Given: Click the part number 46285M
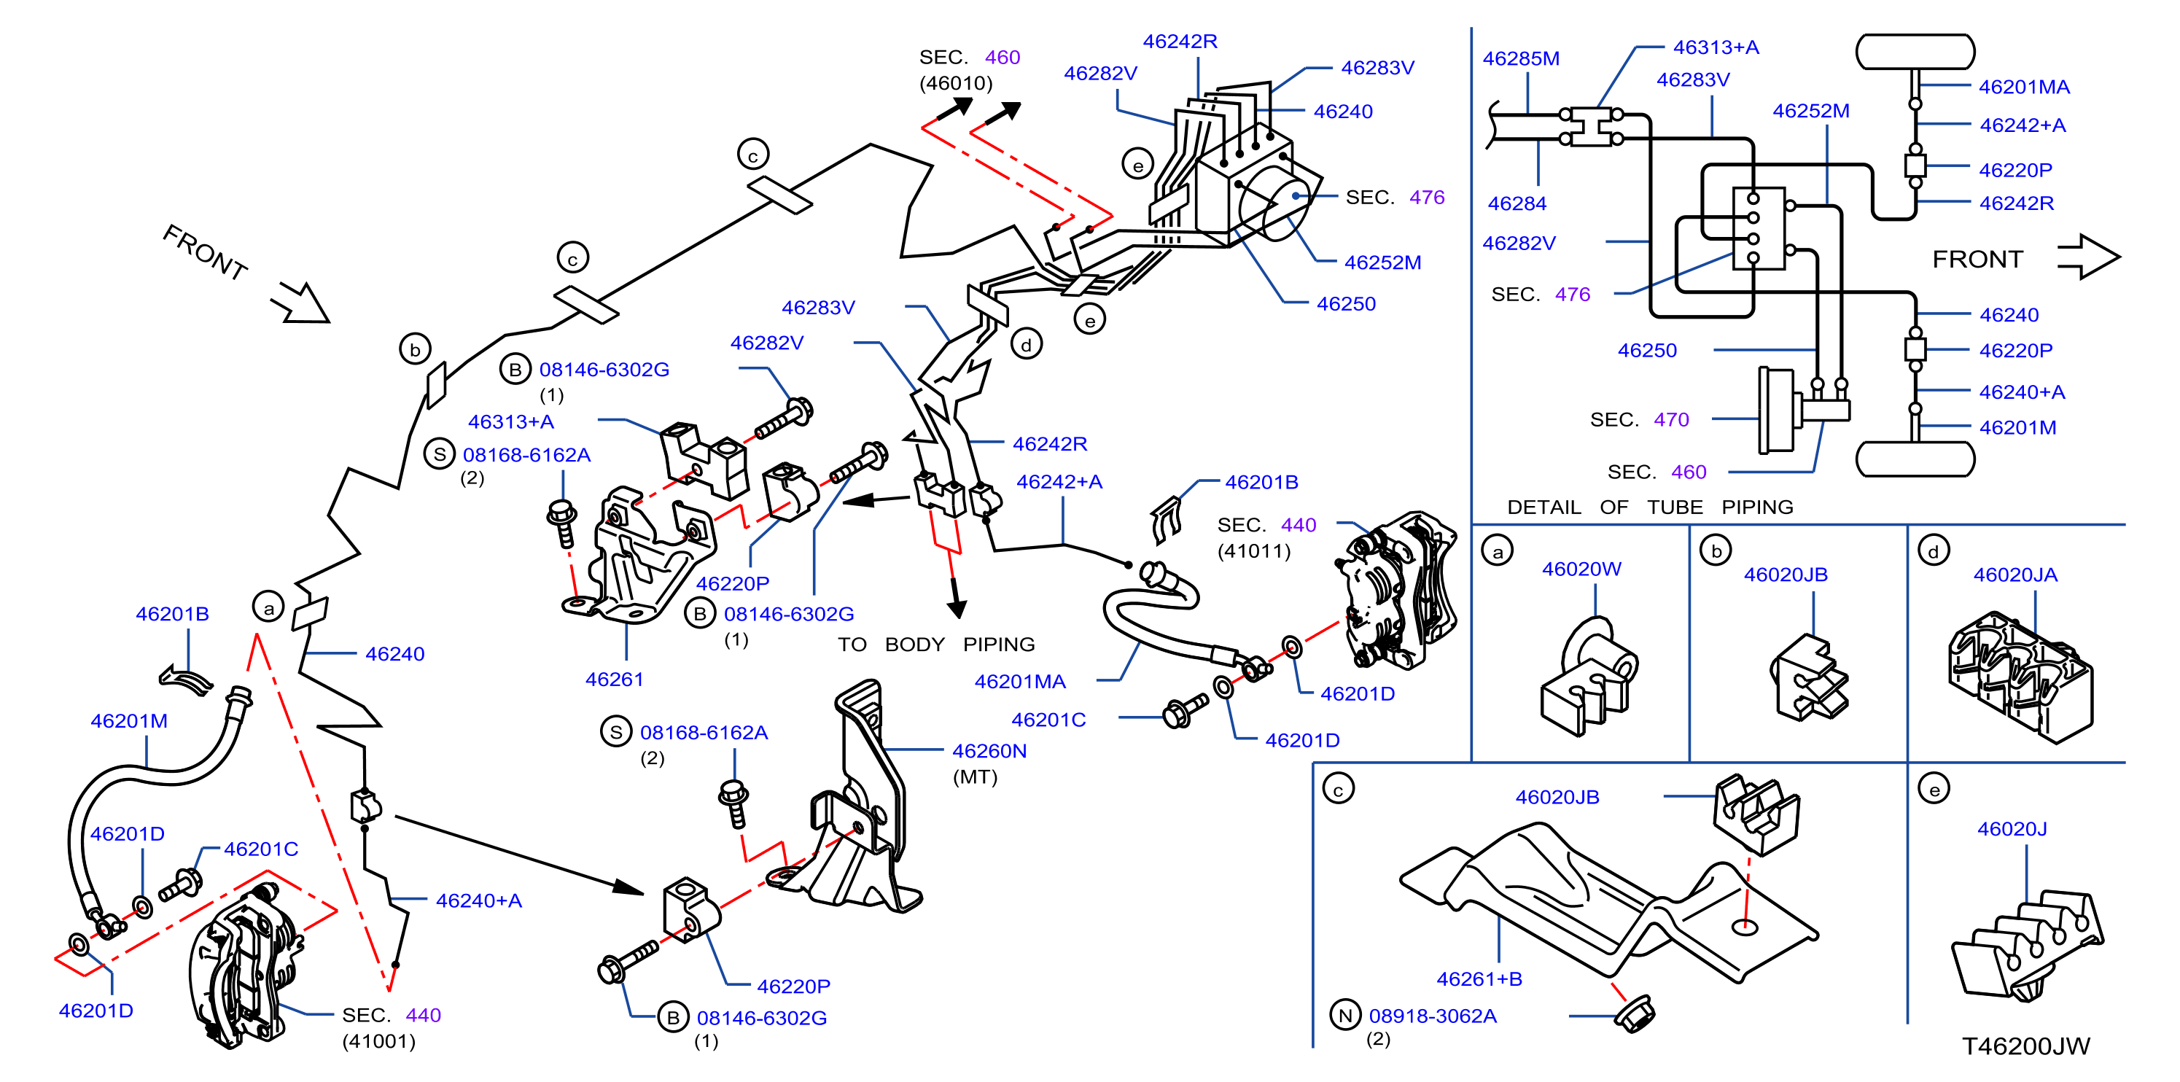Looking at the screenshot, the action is pyautogui.click(x=1521, y=58).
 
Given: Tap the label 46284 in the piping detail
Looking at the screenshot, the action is pyautogui.click(x=1517, y=204).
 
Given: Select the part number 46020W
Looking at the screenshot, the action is pyautogui.click(x=1581, y=569).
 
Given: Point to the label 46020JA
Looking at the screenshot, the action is pyautogui.click(x=2015, y=575).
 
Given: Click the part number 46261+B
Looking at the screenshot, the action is pyautogui.click(x=1479, y=978).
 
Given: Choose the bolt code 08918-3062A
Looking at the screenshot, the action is pyautogui.click(x=1433, y=1015).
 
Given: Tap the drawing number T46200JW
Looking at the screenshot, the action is pyautogui.click(x=2026, y=1046).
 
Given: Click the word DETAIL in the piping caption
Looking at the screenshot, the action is pyautogui.click(x=1543, y=507).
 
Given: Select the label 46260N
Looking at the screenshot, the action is pyautogui.click(x=989, y=750).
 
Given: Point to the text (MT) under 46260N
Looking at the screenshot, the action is pyautogui.click(x=975, y=777).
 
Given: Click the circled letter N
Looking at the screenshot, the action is pyautogui.click(x=1344, y=1015).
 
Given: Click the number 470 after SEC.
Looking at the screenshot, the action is pyautogui.click(x=1671, y=419).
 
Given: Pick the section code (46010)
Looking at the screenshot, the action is pyautogui.click(x=955, y=83).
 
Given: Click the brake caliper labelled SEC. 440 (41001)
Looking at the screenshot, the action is pyautogui.click(x=243, y=965).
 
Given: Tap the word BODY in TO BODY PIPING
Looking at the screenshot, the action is pyautogui.click(x=914, y=645).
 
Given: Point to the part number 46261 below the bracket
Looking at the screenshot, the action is pyautogui.click(x=614, y=680).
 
